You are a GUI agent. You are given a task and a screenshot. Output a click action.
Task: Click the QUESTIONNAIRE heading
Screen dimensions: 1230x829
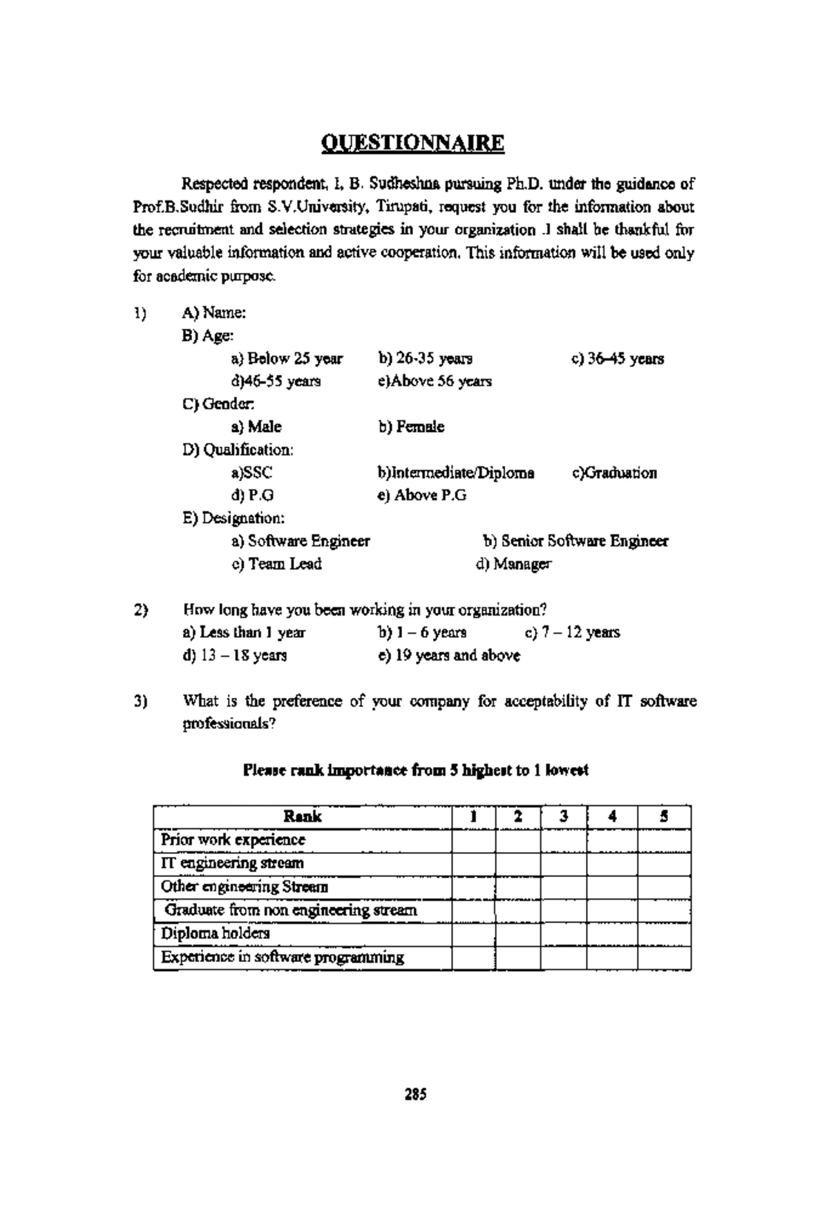(x=413, y=143)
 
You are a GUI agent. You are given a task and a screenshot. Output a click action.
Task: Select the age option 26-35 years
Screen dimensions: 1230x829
(x=426, y=359)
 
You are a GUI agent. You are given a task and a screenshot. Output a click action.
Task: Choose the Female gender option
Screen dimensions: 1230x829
(x=411, y=427)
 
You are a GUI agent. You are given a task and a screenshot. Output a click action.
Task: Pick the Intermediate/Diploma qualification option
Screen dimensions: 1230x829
(x=456, y=473)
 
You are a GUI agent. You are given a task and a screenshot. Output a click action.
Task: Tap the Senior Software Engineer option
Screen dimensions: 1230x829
(x=575, y=541)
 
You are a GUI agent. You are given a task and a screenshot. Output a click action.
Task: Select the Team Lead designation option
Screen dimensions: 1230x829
(x=277, y=564)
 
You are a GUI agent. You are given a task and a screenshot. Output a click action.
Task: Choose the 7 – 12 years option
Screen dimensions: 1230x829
(x=573, y=632)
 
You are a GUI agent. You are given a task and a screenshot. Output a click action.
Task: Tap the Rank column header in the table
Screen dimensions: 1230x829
(x=303, y=817)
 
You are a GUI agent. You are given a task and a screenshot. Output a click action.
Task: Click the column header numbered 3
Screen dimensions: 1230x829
(x=564, y=817)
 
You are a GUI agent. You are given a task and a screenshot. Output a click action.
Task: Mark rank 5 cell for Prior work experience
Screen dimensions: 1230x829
(x=663, y=840)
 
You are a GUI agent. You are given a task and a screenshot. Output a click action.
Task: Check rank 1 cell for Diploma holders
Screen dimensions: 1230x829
(x=473, y=934)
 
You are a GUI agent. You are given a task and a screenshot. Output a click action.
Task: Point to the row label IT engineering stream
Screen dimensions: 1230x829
(x=232, y=863)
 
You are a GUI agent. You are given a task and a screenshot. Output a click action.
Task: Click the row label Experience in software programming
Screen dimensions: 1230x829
(x=282, y=958)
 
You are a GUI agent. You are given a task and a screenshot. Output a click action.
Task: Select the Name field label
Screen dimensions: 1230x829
(x=214, y=313)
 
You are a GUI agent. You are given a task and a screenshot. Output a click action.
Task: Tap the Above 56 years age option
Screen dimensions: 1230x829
(x=435, y=381)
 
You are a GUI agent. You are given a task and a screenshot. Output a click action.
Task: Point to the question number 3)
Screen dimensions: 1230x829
(x=141, y=701)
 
